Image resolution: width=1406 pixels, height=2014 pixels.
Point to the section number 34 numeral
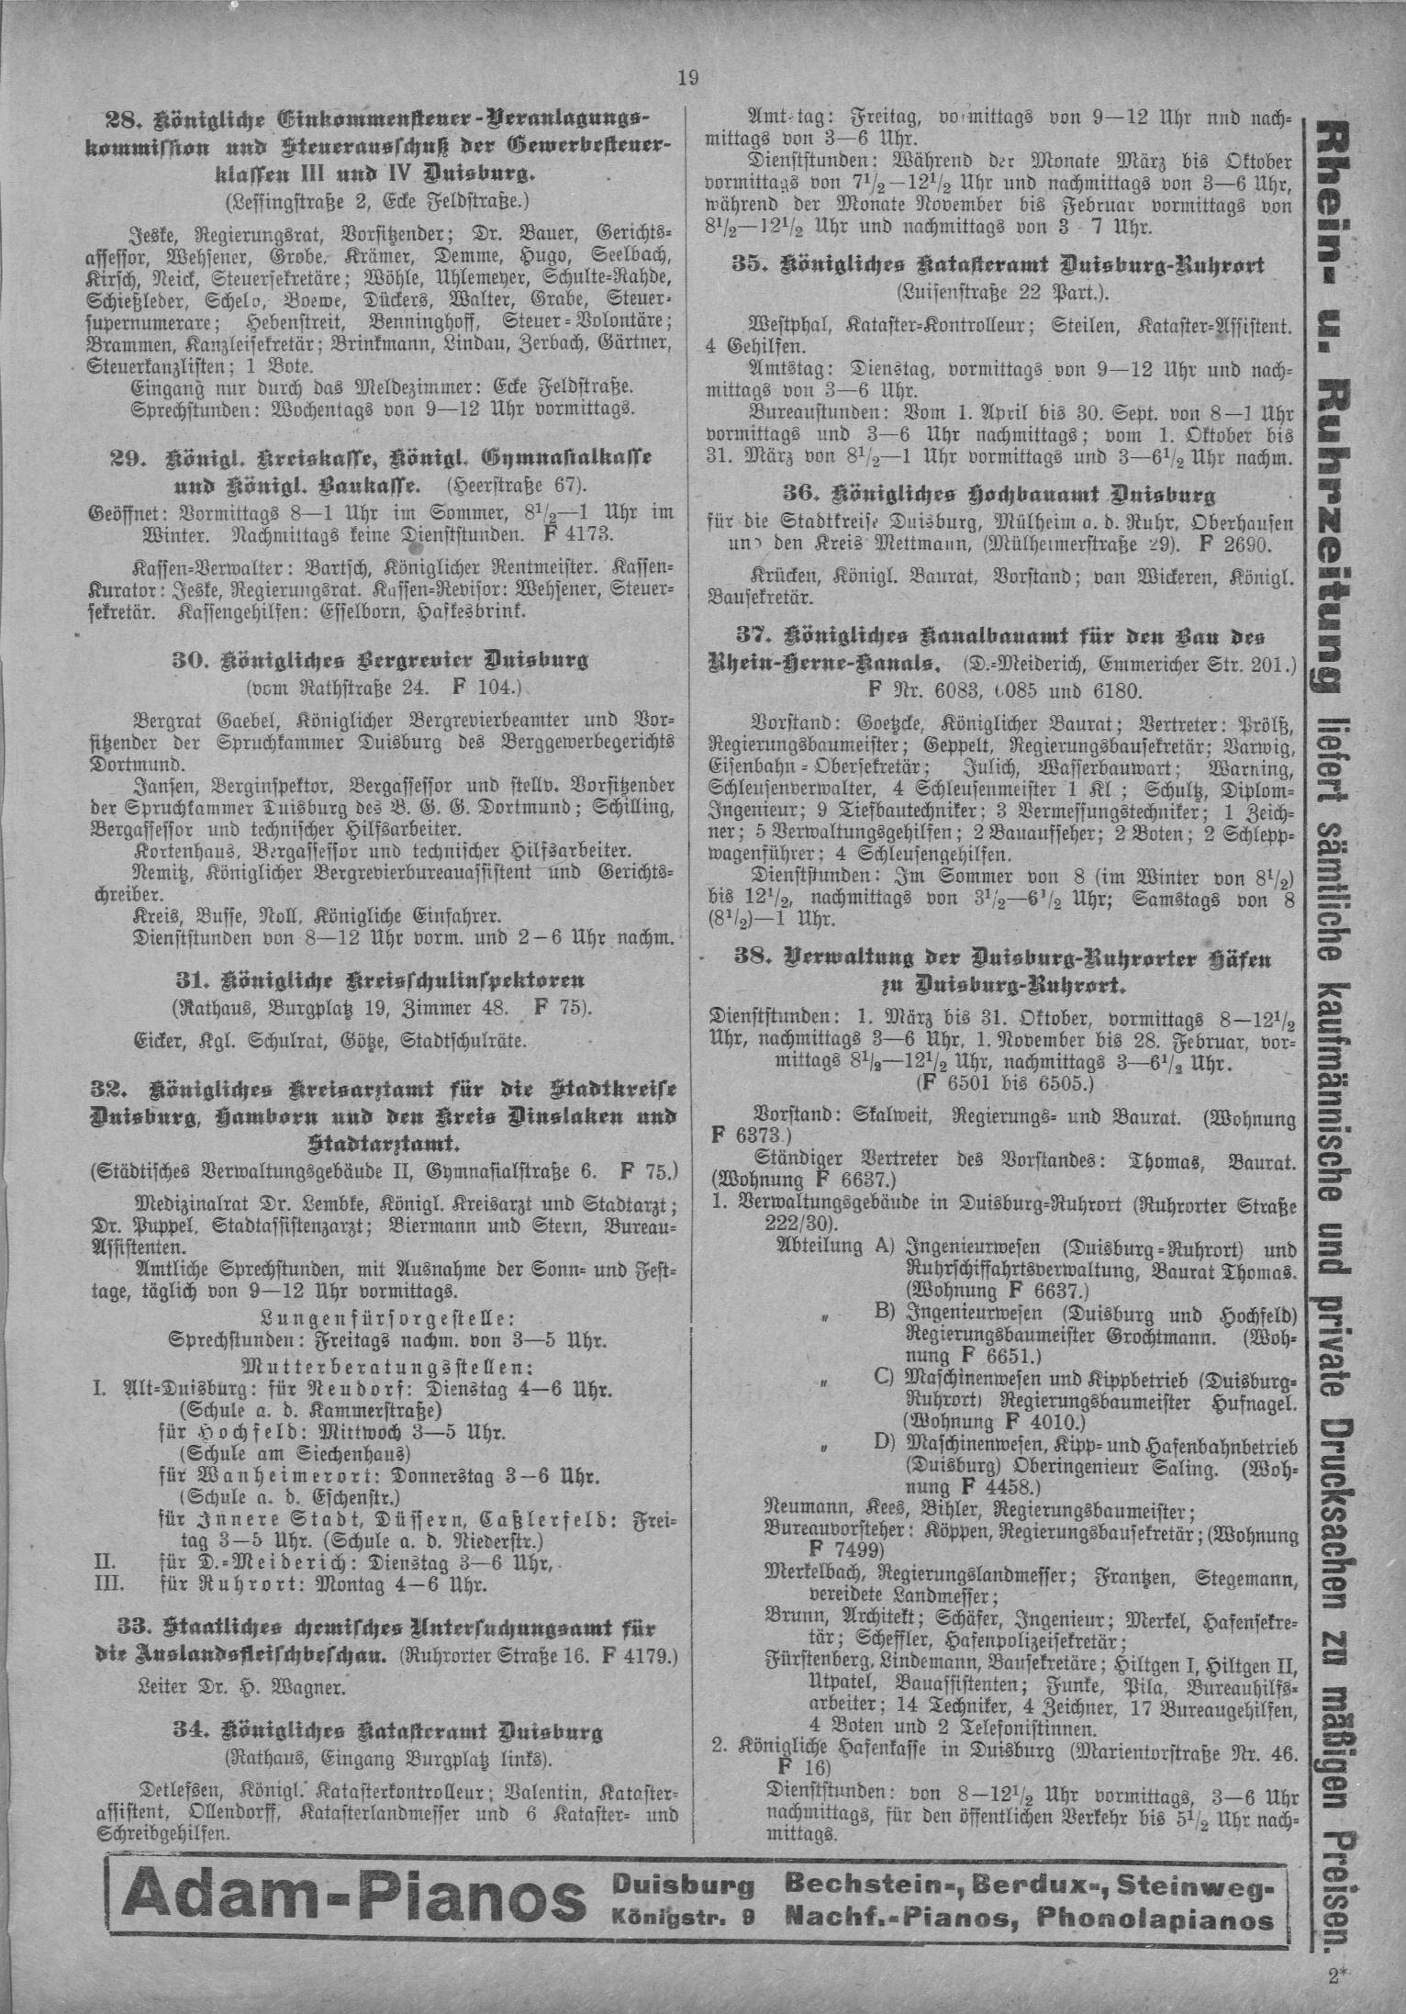coord(188,1732)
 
